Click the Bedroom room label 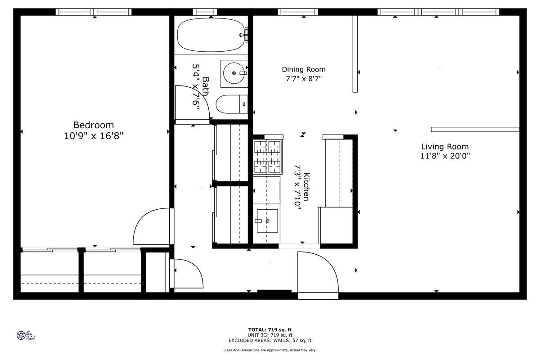pyautogui.click(x=94, y=125)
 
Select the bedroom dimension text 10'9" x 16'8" pyautogui.click(x=94, y=136)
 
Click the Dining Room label pyautogui.click(x=304, y=69)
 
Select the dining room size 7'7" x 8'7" pyautogui.click(x=304, y=78)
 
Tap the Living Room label pyautogui.click(x=445, y=147)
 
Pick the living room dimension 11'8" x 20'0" pyautogui.click(x=445, y=156)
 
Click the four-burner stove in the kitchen pyautogui.click(x=268, y=157)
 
